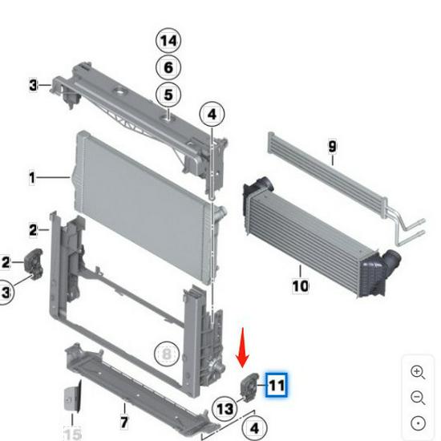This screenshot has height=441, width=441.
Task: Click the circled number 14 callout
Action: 168,40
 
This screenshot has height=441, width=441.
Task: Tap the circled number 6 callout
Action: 168,68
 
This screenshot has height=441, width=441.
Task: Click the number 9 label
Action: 331,146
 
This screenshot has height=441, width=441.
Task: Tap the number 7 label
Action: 124,421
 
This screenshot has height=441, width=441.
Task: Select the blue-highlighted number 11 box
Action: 276,386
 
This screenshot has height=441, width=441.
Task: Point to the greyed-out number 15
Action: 72,435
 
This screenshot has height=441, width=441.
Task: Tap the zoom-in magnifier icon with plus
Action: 418,372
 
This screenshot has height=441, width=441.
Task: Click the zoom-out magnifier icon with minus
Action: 418,398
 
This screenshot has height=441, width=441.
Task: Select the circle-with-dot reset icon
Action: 418,423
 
